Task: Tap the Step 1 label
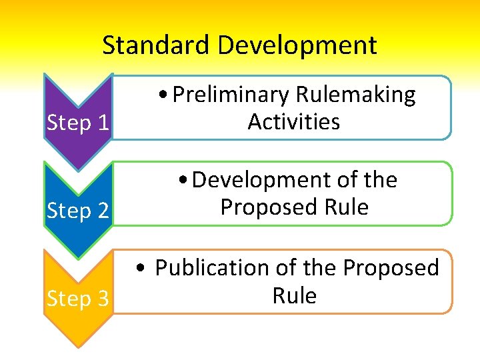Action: [x=78, y=123]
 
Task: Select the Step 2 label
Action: [x=78, y=211]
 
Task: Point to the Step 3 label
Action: [x=78, y=299]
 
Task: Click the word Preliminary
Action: [x=230, y=95]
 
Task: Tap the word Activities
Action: [x=293, y=122]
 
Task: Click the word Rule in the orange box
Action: [x=294, y=295]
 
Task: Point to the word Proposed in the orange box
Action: [x=391, y=268]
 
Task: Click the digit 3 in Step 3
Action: [x=103, y=299]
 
